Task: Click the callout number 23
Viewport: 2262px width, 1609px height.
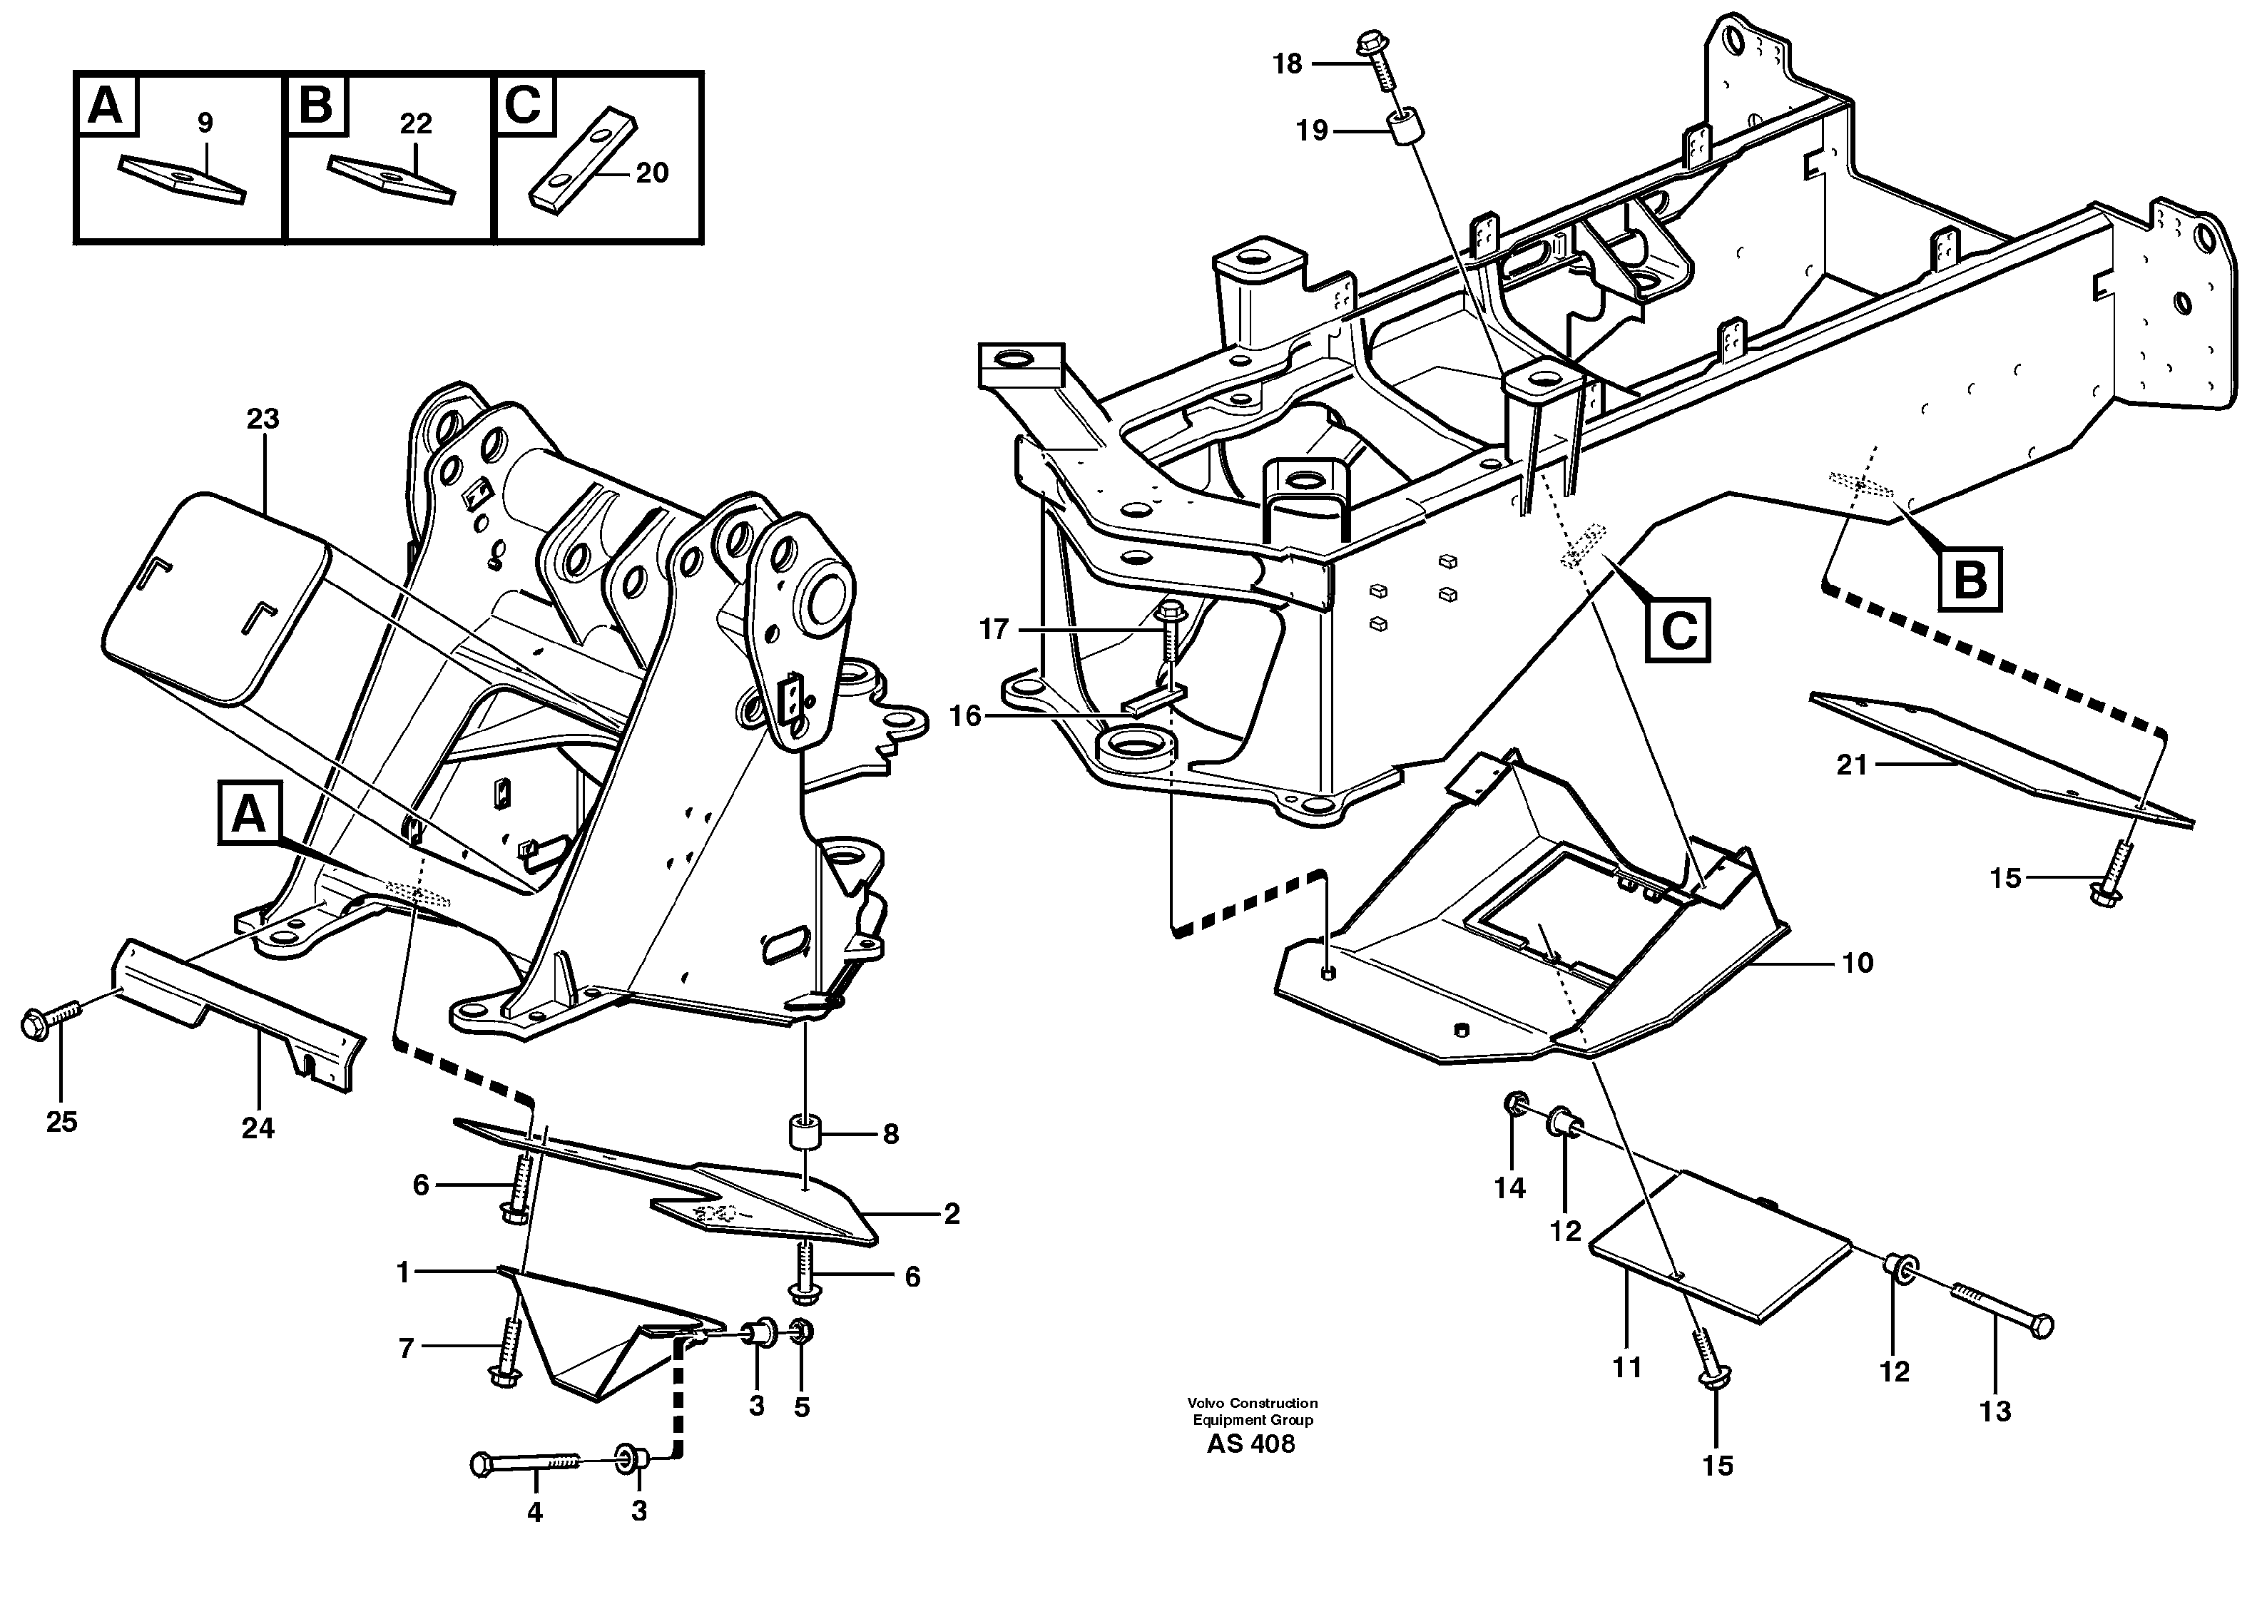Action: click(x=263, y=419)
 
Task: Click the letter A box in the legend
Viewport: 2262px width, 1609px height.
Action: click(x=105, y=104)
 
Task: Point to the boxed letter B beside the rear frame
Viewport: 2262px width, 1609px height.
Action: click(x=1970, y=578)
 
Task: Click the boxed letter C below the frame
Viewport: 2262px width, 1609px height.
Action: click(x=1678, y=630)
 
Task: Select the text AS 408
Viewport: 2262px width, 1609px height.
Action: click(x=1250, y=1444)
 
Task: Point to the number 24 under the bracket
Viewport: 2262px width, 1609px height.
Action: click(x=258, y=1128)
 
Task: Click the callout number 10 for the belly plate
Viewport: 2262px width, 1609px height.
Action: click(x=1857, y=963)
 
